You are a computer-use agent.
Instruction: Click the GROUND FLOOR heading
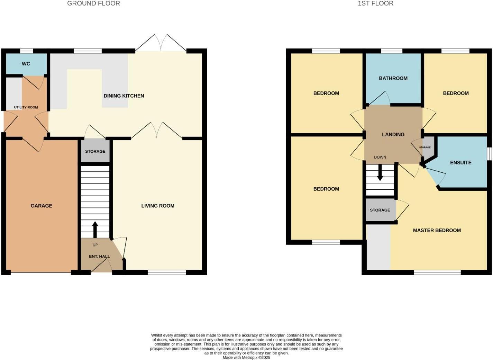pyautogui.click(x=93, y=3)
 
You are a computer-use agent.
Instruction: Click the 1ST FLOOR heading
pyautogui.click(x=375, y=3)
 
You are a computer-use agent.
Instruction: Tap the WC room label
pyautogui.click(x=26, y=64)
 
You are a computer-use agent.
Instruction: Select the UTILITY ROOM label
pyautogui.click(x=26, y=107)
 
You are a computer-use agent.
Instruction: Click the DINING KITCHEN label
pyautogui.click(x=124, y=96)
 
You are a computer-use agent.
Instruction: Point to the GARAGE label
pyautogui.click(x=42, y=206)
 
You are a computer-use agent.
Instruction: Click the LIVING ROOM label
pyautogui.click(x=158, y=206)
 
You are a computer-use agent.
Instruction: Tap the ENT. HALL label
pyautogui.click(x=99, y=256)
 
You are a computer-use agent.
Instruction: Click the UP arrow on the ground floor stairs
pyautogui.click(x=95, y=229)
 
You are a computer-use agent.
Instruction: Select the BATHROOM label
pyautogui.click(x=393, y=78)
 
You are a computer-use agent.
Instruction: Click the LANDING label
pyautogui.click(x=393, y=134)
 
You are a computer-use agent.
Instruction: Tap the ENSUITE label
pyautogui.click(x=460, y=162)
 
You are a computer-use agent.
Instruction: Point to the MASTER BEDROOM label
pyautogui.click(x=437, y=230)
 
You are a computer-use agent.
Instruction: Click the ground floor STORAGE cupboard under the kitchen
pyautogui.click(x=95, y=151)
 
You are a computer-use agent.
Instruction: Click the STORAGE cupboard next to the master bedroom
pyautogui.click(x=380, y=210)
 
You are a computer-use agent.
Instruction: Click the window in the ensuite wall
pyautogui.click(x=489, y=154)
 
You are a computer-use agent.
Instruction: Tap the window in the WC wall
pyautogui.click(x=26, y=51)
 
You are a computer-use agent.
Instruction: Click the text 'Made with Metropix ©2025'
pyautogui.click(x=246, y=358)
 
